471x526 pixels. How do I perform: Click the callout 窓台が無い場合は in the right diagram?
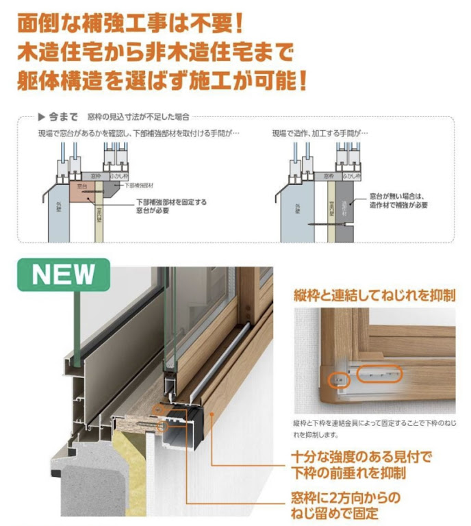(397, 196)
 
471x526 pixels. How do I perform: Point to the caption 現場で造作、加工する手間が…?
(320, 132)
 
